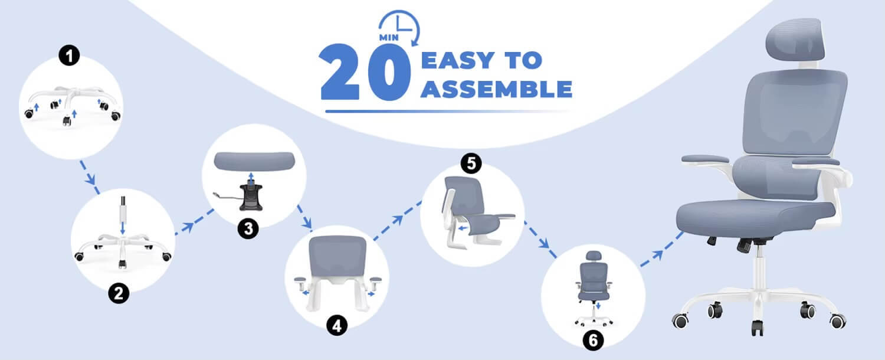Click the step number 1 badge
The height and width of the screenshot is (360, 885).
point(70,57)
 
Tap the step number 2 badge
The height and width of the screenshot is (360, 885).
point(119,293)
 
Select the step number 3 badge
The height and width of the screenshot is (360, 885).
point(248,229)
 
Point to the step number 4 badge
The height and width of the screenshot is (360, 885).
point(337,326)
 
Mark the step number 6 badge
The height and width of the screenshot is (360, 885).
point(593,340)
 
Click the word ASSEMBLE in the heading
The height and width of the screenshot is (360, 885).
point(497,90)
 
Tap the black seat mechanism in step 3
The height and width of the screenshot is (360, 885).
point(253,194)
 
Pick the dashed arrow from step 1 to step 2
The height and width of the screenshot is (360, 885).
point(88,175)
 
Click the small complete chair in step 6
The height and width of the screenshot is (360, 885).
point(592,283)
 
